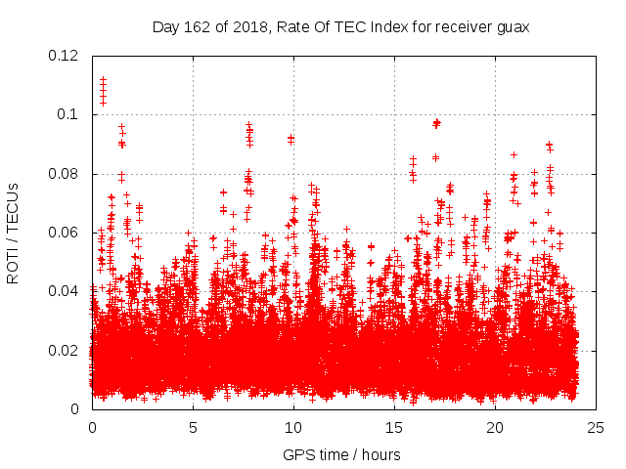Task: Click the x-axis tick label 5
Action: point(193,427)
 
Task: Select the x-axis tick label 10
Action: point(293,427)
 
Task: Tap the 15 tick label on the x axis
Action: point(394,427)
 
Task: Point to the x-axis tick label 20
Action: point(495,427)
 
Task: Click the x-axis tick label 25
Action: point(596,427)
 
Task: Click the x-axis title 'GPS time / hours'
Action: point(341,454)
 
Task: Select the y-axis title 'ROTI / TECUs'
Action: point(13,233)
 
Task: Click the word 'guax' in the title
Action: point(512,26)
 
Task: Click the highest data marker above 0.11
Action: point(103,79)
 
